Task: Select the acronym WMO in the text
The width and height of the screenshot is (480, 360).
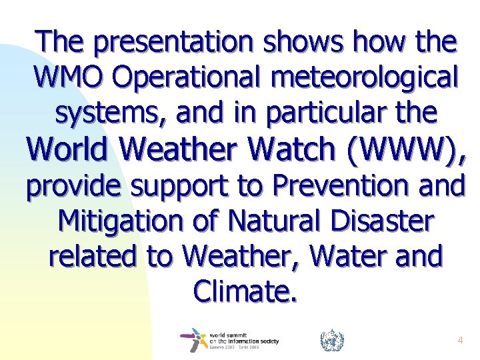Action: point(67,77)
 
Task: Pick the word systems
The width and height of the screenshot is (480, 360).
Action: point(107,113)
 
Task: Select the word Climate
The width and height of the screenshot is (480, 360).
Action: point(243,289)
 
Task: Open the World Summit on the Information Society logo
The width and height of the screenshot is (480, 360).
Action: point(229,340)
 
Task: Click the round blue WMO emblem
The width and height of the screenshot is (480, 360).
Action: point(331,341)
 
